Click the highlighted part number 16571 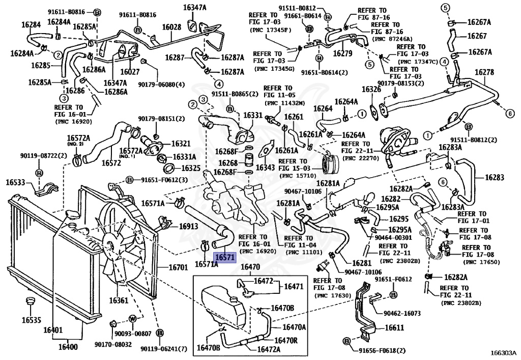(x=224, y=258)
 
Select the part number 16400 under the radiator (x=68, y=347)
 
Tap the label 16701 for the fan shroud (x=179, y=267)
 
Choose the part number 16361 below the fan (x=118, y=300)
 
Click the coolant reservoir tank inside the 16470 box (x=219, y=306)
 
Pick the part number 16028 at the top (x=171, y=26)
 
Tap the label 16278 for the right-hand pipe (x=484, y=72)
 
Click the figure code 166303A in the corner (x=502, y=352)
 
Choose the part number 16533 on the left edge (x=16, y=182)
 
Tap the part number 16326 (x=371, y=90)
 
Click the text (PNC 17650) (x=481, y=262)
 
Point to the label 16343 (x=266, y=167)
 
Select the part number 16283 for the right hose (x=495, y=178)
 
